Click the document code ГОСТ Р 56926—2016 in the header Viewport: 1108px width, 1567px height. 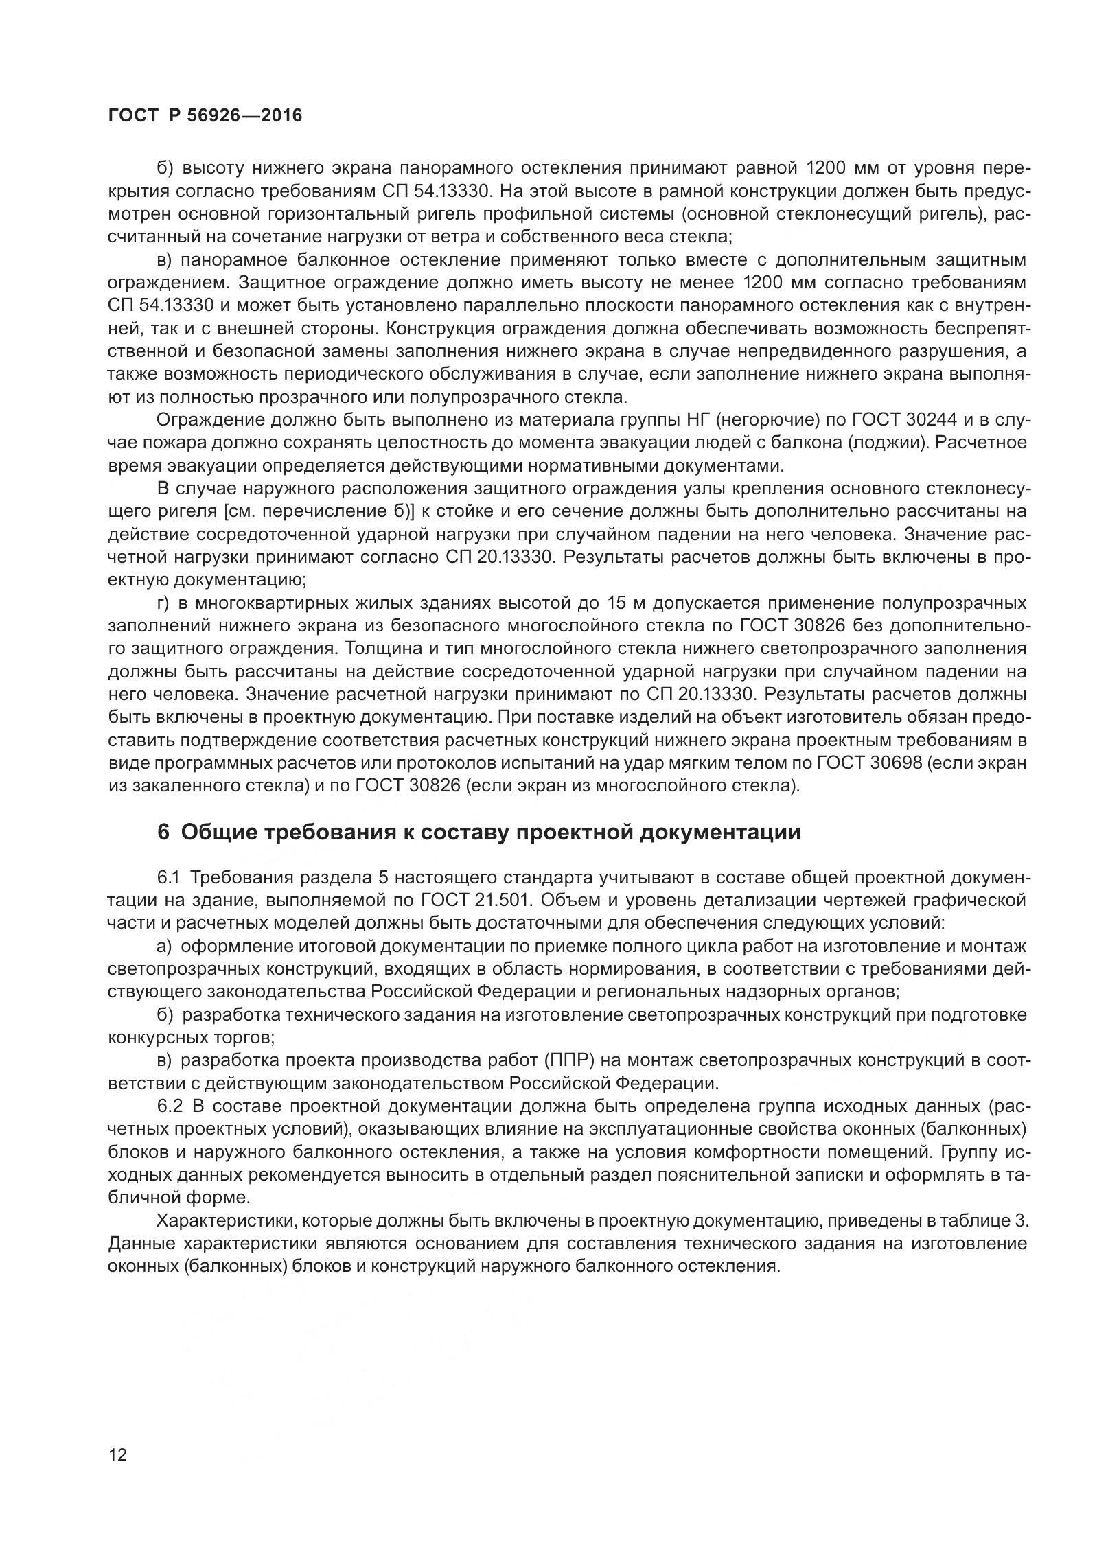coord(205,116)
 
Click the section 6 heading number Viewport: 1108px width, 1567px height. coord(163,832)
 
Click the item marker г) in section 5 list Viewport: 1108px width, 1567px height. coord(163,603)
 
